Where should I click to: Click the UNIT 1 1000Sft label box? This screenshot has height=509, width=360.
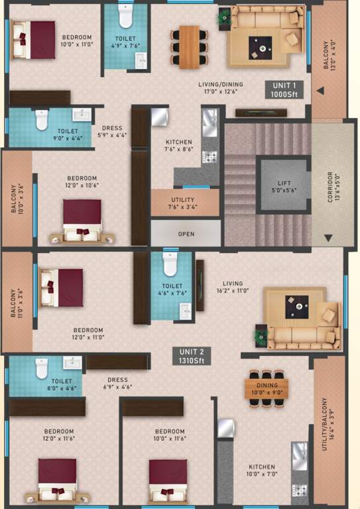286,90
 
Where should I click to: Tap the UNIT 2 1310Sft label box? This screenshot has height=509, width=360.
192,356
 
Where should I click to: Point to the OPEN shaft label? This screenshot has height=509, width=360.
186,234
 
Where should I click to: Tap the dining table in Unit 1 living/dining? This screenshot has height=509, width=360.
189,46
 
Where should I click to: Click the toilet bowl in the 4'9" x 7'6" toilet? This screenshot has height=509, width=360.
125,16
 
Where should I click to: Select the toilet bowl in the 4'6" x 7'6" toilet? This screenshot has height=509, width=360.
170,264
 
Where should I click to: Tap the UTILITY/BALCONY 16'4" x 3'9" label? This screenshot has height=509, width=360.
324,424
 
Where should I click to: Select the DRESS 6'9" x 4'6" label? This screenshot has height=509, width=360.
117,384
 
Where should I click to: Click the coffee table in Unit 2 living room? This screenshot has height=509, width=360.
296,306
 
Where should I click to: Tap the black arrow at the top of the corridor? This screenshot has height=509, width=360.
320,90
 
